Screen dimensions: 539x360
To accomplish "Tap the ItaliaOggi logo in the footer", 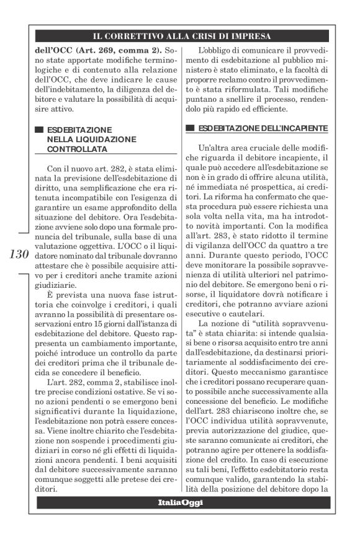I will pos(180,502).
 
